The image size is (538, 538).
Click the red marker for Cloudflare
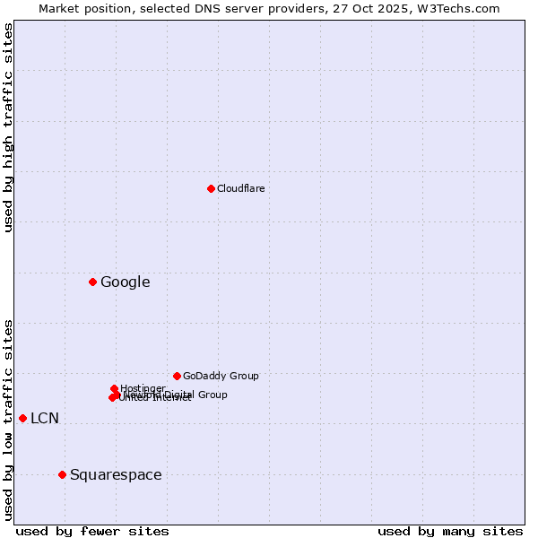(x=211, y=188)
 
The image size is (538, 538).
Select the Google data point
(x=92, y=282)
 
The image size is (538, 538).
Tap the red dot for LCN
(x=22, y=418)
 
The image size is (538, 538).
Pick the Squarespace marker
(x=62, y=474)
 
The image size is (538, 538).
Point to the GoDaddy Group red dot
(x=177, y=376)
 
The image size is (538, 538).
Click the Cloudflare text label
(x=240, y=188)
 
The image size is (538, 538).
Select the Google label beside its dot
(x=125, y=282)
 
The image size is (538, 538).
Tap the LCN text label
(x=45, y=418)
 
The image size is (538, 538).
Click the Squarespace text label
(x=116, y=474)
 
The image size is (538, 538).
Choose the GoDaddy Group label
(x=221, y=376)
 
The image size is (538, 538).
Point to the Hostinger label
(x=143, y=388)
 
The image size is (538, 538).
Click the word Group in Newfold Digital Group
(x=212, y=395)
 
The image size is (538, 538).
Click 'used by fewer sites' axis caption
(x=92, y=531)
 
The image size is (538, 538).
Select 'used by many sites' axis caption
(x=450, y=531)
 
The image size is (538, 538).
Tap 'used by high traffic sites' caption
(x=8, y=127)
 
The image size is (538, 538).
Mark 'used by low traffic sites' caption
(x=8, y=419)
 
